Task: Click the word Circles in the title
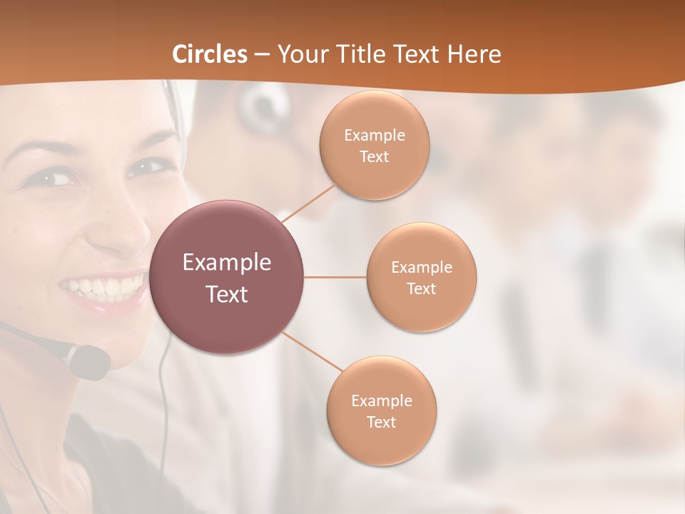[x=210, y=54]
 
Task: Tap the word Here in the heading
[x=474, y=54]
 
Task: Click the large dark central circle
[x=227, y=277]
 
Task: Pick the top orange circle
[x=374, y=146]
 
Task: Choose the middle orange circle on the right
[x=421, y=277]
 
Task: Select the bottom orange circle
[x=381, y=410]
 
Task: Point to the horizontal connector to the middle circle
[x=335, y=277]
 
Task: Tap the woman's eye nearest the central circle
[x=146, y=168]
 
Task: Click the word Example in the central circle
[x=227, y=263]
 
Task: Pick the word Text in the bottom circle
[x=381, y=422]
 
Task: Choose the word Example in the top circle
[x=374, y=135]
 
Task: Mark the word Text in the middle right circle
[x=421, y=288]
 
